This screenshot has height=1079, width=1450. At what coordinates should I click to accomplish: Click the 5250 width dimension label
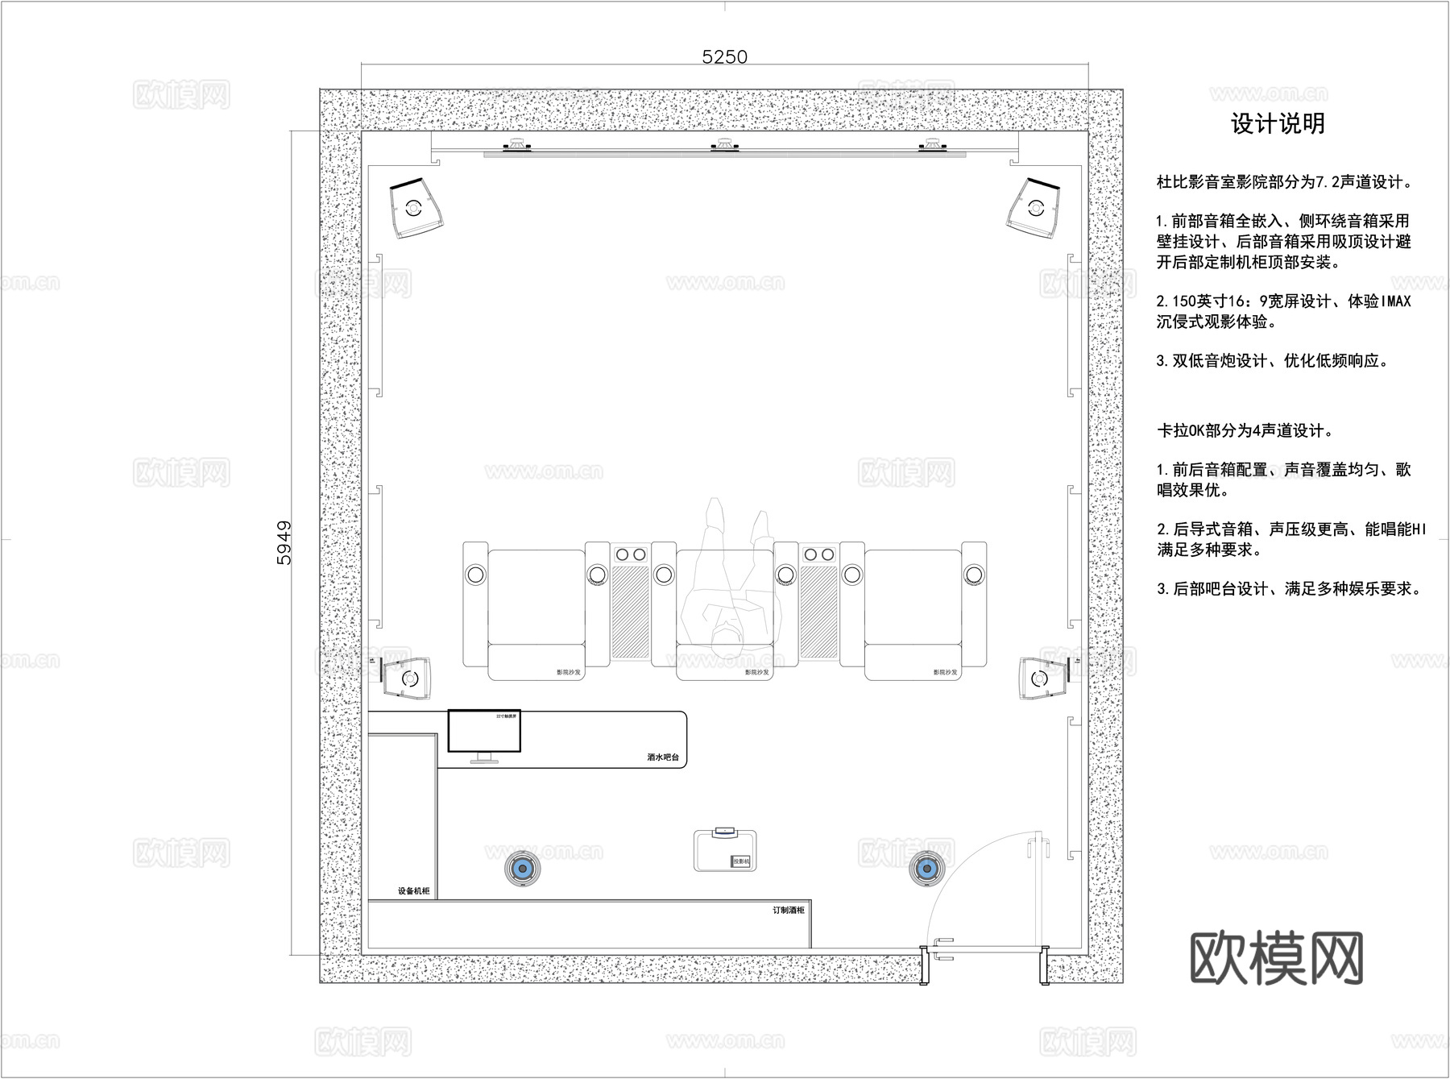point(724,56)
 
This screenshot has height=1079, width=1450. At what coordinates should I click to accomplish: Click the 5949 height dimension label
point(284,542)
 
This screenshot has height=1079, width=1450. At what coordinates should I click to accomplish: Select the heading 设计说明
point(1278,123)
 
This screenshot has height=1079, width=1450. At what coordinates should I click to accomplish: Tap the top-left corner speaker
point(416,208)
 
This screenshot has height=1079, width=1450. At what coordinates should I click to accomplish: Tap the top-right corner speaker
point(1035,208)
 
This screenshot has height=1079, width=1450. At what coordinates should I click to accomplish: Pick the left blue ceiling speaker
point(522,869)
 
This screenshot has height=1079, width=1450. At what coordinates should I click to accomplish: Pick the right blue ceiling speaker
point(925,869)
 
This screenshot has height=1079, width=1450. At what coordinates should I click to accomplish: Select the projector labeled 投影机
point(724,850)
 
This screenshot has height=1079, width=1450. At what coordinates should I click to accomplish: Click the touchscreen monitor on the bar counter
point(484,731)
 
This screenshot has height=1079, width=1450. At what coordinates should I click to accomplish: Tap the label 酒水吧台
point(662,757)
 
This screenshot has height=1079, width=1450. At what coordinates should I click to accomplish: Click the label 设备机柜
point(413,891)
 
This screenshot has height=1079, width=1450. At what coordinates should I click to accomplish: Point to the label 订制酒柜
point(788,910)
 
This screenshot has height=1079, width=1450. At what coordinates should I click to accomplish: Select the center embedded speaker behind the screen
point(724,146)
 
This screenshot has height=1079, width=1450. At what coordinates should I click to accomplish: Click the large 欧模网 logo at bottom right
point(1276,958)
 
